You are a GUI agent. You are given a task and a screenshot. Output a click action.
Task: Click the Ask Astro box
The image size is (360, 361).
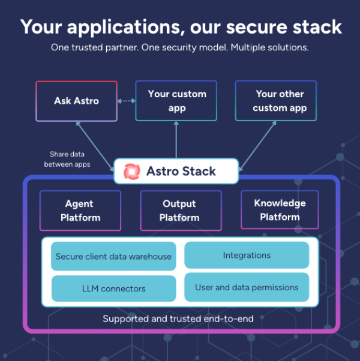click(76, 101)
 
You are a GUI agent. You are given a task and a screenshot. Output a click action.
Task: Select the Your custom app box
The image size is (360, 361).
click(176, 101)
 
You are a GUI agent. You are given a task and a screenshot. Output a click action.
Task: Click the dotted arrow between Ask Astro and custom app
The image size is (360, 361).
click(126, 101)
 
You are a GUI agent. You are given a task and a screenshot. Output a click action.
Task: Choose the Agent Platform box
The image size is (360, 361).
click(80, 210)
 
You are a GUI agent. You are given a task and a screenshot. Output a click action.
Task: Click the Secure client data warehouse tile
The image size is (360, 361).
click(113, 257)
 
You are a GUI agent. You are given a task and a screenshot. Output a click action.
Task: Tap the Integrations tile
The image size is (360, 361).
click(247, 255)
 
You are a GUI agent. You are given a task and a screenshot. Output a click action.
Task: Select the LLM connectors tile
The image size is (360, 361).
click(113, 288)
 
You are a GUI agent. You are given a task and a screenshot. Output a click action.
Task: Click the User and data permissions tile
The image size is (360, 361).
click(247, 287)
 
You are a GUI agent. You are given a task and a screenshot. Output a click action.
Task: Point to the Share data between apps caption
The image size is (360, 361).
click(70, 160)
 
